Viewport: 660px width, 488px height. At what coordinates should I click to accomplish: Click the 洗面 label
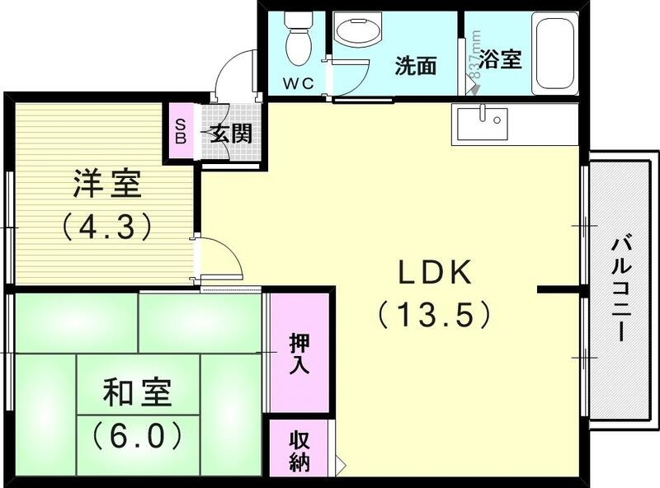[414, 66]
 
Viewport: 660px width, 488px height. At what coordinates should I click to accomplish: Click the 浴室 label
[501, 60]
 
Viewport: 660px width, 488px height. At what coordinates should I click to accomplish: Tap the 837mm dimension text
[474, 54]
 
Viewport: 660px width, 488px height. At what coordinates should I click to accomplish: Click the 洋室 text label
[107, 185]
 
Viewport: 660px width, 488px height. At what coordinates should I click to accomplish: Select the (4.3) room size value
[107, 225]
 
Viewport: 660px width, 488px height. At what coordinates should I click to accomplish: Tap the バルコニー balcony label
[621, 289]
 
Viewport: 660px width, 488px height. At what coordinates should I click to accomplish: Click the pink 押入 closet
[299, 353]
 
